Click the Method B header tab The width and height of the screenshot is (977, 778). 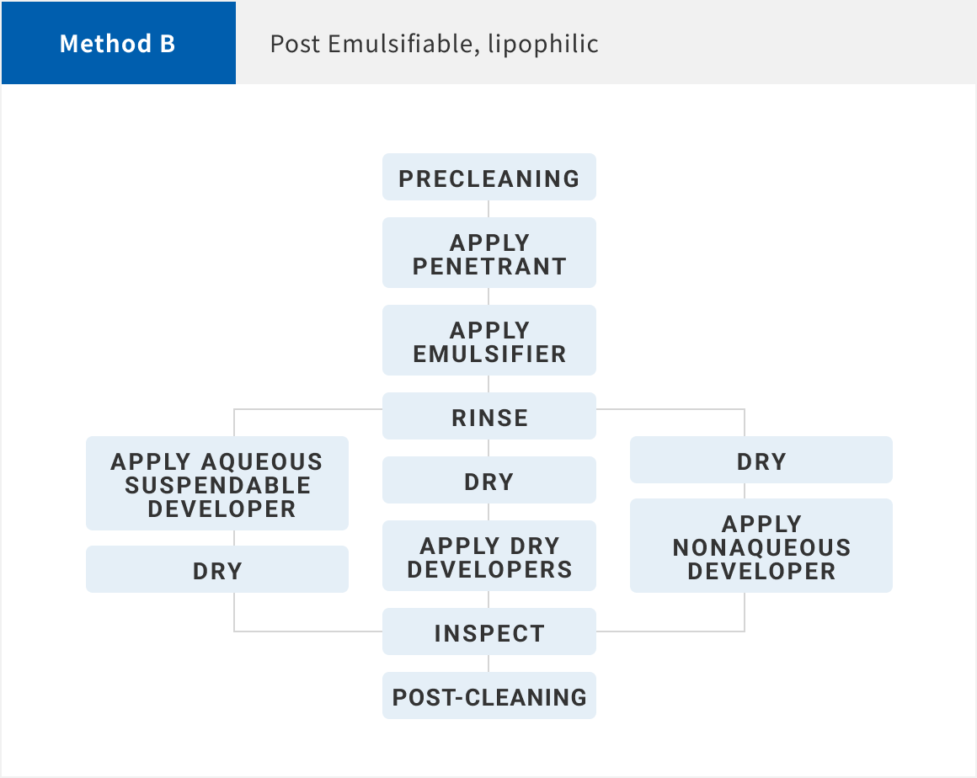pyautogui.click(x=119, y=43)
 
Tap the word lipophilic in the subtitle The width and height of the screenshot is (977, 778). pyautogui.click(x=542, y=45)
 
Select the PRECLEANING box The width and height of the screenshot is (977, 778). pyautogui.click(x=489, y=177)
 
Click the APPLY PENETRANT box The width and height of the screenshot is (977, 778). pyautogui.click(x=489, y=253)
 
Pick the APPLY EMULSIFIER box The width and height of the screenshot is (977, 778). pyautogui.click(x=489, y=340)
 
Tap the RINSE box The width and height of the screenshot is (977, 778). pyautogui.click(x=489, y=416)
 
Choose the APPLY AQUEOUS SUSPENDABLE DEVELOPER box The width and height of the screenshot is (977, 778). pyautogui.click(x=216, y=483)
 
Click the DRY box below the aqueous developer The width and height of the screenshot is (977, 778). pyautogui.click(x=216, y=569)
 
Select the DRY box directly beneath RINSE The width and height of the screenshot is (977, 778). pyautogui.click(x=489, y=480)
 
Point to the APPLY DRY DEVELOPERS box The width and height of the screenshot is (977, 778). pyautogui.click(x=489, y=556)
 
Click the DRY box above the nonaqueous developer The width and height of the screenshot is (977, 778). pyautogui.click(x=761, y=460)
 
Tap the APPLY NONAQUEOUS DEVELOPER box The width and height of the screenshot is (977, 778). pyautogui.click(x=761, y=546)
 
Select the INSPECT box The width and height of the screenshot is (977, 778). pyautogui.click(x=489, y=631)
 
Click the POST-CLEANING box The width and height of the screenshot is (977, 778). pyautogui.click(x=489, y=695)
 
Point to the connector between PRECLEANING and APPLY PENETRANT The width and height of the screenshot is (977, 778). pyautogui.click(x=488, y=209)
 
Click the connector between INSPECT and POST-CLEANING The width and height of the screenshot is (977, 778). pyautogui.click(x=488, y=663)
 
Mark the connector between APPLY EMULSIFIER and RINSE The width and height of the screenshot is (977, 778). pyautogui.click(x=488, y=384)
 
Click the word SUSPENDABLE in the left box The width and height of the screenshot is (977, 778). pyautogui.click(x=217, y=485)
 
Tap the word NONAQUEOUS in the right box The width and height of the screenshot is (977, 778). pyautogui.click(x=761, y=547)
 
